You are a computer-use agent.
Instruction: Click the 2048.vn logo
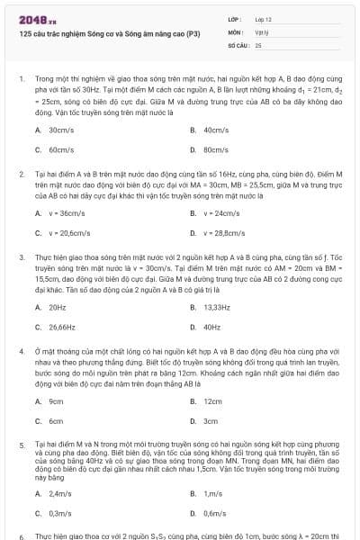[x=34, y=18]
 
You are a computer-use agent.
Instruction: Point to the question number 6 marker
[x=21, y=535]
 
